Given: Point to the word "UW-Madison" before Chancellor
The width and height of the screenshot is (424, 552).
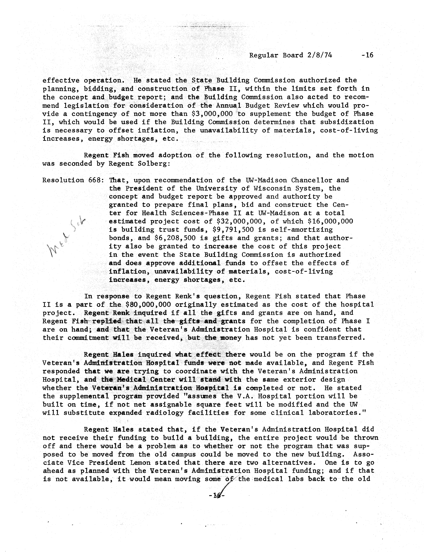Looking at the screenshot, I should point(266,180).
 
